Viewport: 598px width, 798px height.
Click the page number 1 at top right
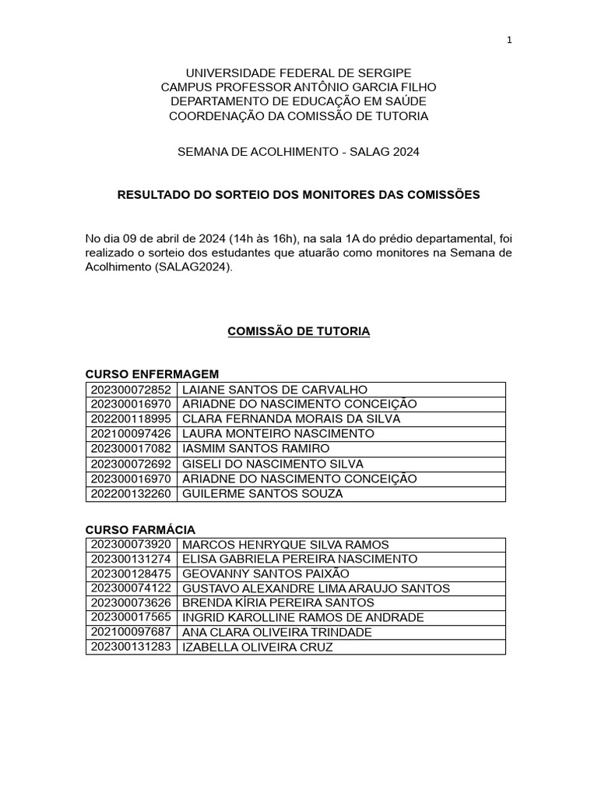click(x=509, y=41)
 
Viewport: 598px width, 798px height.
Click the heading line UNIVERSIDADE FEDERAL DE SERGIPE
click(x=298, y=72)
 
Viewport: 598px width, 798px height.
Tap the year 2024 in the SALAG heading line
click(x=406, y=153)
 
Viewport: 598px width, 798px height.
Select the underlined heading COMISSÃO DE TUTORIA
click(x=298, y=332)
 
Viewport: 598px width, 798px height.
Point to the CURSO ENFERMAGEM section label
click(x=152, y=374)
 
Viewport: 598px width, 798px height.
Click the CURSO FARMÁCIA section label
click(x=140, y=530)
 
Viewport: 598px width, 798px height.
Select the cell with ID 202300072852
click(x=131, y=390)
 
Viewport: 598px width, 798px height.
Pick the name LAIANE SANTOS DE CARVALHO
click(x=274, y=390)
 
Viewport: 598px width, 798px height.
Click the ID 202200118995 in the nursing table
click(x=131, y=419)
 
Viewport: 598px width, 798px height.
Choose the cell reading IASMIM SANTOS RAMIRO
click(x=255, y=449)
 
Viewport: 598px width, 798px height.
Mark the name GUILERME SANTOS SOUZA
click(x=262, y=494)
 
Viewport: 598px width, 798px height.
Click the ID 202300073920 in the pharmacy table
click(x=131, y=544)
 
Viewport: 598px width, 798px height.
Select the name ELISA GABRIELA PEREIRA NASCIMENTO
click(x=299, y=560)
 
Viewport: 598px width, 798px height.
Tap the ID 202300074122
click(x=131, y=588)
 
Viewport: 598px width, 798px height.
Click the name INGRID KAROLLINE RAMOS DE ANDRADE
click(x=302, y=618)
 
